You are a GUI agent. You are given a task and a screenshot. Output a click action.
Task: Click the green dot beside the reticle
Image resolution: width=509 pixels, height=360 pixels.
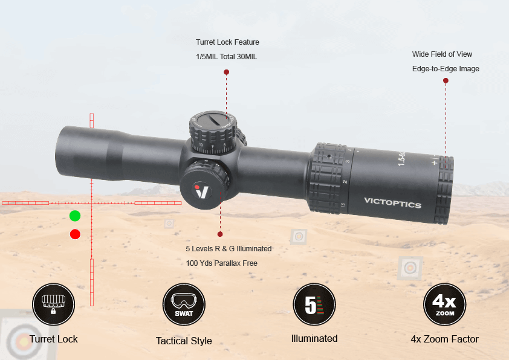(x=75, y=216)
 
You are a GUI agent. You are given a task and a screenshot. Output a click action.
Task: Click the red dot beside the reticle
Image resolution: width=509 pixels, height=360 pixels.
(x=75, y=234)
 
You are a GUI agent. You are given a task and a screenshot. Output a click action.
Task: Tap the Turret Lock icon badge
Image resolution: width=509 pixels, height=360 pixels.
(x=53, y=304)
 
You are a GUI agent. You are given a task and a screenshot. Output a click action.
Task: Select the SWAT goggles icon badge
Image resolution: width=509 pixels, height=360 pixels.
(x=184, y=304)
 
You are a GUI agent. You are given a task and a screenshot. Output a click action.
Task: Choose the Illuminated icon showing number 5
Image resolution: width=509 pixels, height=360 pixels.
(x=314, y=304)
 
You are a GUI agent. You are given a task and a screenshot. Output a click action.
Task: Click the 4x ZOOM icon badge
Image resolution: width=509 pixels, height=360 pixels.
(x=444, y=304)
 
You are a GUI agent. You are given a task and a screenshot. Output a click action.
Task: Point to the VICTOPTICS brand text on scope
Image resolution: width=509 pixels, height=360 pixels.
(x=392, y=203)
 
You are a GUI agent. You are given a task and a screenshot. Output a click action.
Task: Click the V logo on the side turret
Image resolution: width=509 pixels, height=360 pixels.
(x=202, y=190)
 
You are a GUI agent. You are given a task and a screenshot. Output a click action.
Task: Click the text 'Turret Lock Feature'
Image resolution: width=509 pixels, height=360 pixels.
(x=227, y=42)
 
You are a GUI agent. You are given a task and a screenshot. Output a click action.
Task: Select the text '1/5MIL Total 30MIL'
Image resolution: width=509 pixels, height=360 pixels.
(x=227, y=57)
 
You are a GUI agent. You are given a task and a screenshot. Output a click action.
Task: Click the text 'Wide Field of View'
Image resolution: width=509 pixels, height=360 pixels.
(x=442, y=54)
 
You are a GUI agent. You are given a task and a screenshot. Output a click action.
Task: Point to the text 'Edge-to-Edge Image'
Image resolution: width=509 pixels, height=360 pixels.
(x=446, y=69)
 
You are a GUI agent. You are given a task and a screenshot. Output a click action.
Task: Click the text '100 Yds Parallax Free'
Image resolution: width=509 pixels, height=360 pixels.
(x=221, y=263)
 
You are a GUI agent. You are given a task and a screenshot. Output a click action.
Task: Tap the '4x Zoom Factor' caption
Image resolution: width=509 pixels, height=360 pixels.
(x=444, y=339)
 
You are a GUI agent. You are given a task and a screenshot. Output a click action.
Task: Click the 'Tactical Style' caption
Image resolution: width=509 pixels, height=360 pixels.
(x=184, y=341)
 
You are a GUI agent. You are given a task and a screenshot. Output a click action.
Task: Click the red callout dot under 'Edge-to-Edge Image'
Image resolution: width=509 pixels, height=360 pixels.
(x=446, y=80)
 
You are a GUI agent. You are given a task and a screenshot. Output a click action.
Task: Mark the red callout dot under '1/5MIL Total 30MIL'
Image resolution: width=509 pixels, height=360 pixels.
(x=226, y=72)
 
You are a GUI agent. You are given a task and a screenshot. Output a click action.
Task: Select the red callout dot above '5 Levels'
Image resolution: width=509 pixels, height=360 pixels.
(x=220, y=234)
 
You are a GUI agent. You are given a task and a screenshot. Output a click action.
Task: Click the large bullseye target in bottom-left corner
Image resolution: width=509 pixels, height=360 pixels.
(x=21, y=342)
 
